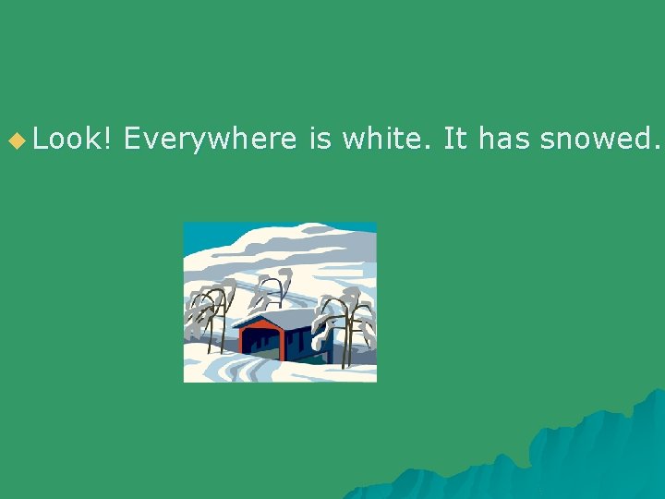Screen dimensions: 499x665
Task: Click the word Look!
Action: coord(73,140)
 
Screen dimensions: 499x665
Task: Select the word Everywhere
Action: coord(210,140)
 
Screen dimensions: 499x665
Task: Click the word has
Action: coord(503,140)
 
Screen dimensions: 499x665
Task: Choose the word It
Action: coord(454,140)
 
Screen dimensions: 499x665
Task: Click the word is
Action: coord(319,140)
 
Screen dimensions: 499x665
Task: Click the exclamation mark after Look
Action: coord(108,140)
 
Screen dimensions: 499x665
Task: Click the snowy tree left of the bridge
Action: coord(211,314)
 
